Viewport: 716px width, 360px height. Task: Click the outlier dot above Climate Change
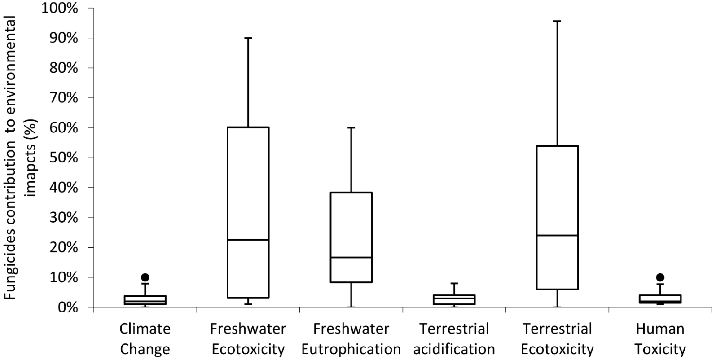click(145, 277)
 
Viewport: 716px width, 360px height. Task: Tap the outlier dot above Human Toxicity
click(660, 277)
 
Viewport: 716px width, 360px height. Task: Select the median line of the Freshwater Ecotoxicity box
click(248, 240)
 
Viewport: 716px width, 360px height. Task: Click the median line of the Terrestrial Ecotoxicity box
click(557, 235)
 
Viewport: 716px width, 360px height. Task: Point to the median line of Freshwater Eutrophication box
click(351, 257)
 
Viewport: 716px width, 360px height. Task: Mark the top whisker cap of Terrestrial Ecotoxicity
click(557, 21)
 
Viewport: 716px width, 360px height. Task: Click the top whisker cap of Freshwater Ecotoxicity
click(248, 38)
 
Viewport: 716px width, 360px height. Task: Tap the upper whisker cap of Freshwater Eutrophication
click(351, 127)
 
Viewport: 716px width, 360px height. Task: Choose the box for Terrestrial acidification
click(454, 299)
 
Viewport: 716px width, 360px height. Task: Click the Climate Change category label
click(145, 339)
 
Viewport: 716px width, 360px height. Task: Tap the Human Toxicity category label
click(660, 339)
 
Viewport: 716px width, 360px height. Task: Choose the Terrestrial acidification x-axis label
click(454, 339)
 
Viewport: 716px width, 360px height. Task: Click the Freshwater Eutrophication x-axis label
click(351, 339)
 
